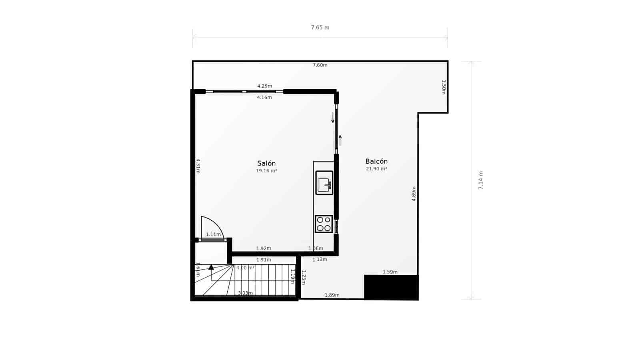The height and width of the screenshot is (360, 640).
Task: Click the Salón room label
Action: [x=266, y=163]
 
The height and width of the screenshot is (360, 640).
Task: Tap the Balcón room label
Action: [x=376, y=162]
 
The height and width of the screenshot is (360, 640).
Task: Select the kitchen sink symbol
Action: [x=324, y=183]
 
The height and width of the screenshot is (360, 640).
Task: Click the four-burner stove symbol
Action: [x=324, y=224]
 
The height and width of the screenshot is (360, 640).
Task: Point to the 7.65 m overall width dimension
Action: [x=320, y=28]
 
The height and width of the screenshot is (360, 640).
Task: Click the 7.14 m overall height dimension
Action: [x=481, y=180]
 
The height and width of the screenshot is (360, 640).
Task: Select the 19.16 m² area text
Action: [x=266, y=171]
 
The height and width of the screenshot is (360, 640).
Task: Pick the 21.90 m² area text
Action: [x=376, y=169]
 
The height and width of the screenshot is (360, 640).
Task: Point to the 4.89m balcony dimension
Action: [x=414, y=194]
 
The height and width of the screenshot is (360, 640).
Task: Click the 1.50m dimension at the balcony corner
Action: [x=443, y=87]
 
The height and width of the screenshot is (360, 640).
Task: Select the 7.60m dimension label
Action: [x=320, y=65]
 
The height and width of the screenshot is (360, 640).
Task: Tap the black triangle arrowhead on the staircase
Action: [x=211, y=267]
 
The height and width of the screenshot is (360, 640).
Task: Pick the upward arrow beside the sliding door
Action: [x=340, y=140]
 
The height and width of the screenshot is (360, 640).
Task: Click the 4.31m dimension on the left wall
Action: [x=198, y=166]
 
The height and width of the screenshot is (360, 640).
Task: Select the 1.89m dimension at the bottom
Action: [x=332, y=295]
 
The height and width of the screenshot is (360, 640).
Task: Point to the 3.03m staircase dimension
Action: [x=245, y=293]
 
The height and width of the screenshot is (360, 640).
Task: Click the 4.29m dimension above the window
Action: [x=264, y=86]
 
